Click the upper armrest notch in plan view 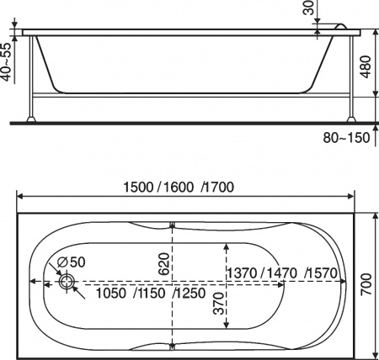pos(172,225)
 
